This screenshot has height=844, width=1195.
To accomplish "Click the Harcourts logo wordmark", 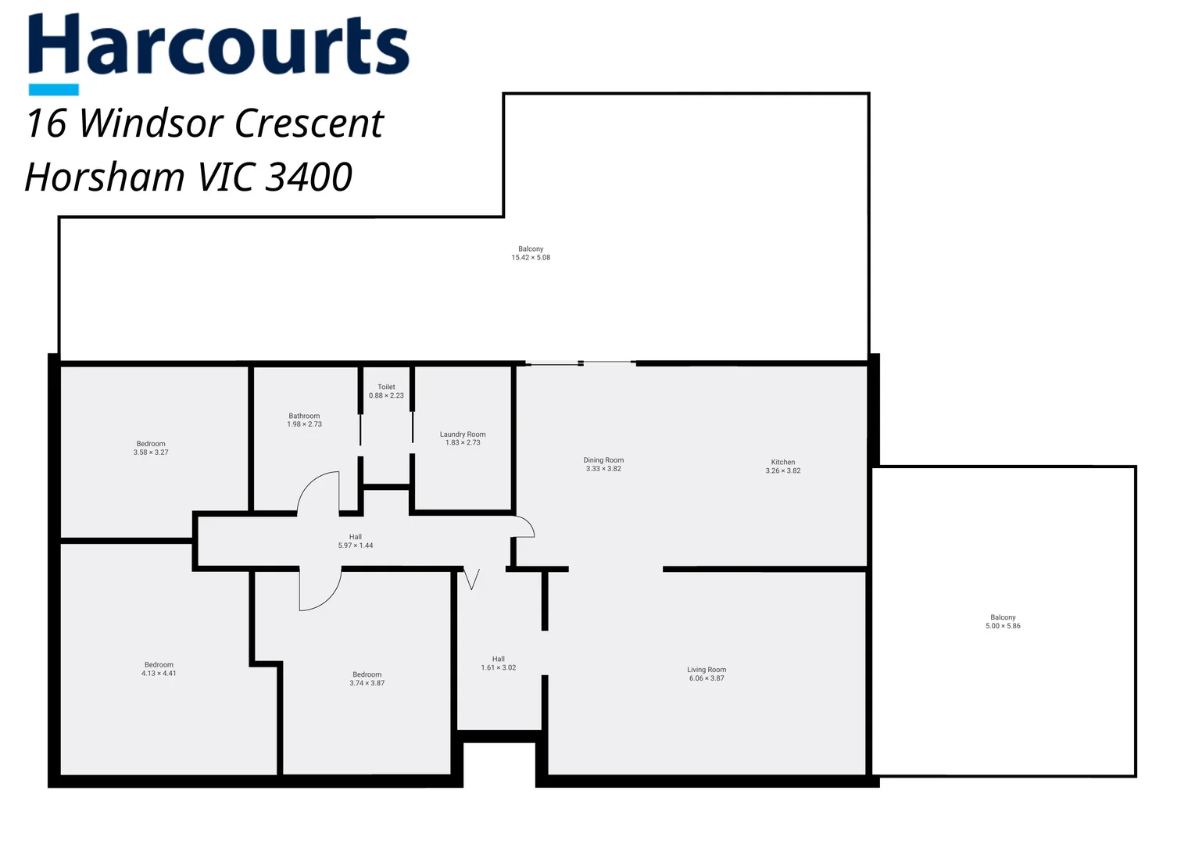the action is click(x=219, y=45).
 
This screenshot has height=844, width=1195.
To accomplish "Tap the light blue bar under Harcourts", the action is click(x=53, y=90).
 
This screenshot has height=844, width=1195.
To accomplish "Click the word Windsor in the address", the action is click(x=152, y=123).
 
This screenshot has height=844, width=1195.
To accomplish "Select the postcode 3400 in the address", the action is click(x=309, y=177).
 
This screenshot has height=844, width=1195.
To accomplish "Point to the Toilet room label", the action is click(x=386, y=391).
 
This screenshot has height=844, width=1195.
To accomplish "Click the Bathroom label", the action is click(x=304, y=420).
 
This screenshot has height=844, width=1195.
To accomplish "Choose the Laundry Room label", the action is click(x=463, y=438).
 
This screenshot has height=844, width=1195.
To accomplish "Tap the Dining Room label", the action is click(x=603, y=464).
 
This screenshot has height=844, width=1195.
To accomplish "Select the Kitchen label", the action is click(x=782, y=467).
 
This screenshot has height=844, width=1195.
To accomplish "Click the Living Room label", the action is click(x=707, y=674).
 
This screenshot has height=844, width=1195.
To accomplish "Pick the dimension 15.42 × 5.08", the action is click(x=531, y=257).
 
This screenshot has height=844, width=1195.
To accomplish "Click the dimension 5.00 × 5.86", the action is click(x=1003, y=626).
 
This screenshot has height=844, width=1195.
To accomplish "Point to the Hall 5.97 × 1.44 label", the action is click(x=356, y=541).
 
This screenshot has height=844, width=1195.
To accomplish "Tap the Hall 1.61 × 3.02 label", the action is click(x=499, y=663).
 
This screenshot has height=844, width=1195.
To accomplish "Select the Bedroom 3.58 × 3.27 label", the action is click(x=151, y=448).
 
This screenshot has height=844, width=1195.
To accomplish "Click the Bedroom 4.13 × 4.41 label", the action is click(x=159, y=669).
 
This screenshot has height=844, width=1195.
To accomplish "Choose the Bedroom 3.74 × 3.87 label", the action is click(x=367, y=678).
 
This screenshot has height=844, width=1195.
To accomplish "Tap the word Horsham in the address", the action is click(x=105, y=177).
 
